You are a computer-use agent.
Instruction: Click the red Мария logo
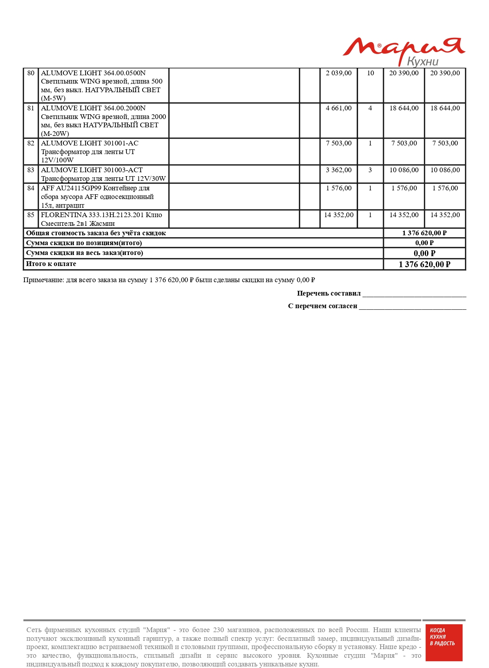(403, 50)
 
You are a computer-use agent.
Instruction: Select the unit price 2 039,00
(338, 73)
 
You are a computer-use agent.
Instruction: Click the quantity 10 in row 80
(370, 73)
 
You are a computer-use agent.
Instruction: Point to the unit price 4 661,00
(338, 108)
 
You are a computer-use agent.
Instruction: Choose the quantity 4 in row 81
(370, 108)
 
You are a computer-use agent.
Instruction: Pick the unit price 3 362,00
(338, 170)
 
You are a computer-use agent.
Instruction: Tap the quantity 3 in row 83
(370, 170)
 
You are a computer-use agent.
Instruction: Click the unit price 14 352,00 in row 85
(338, 215)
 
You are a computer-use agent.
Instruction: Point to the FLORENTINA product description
(101, 219)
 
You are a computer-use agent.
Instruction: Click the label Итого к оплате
(51, 264)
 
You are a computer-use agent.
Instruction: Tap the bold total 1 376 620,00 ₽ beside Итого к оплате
(424, 264)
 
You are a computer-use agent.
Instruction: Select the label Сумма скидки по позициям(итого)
(84, 243)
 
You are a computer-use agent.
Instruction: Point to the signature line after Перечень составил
(414, 295)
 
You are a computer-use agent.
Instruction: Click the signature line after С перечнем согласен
(413, 308)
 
